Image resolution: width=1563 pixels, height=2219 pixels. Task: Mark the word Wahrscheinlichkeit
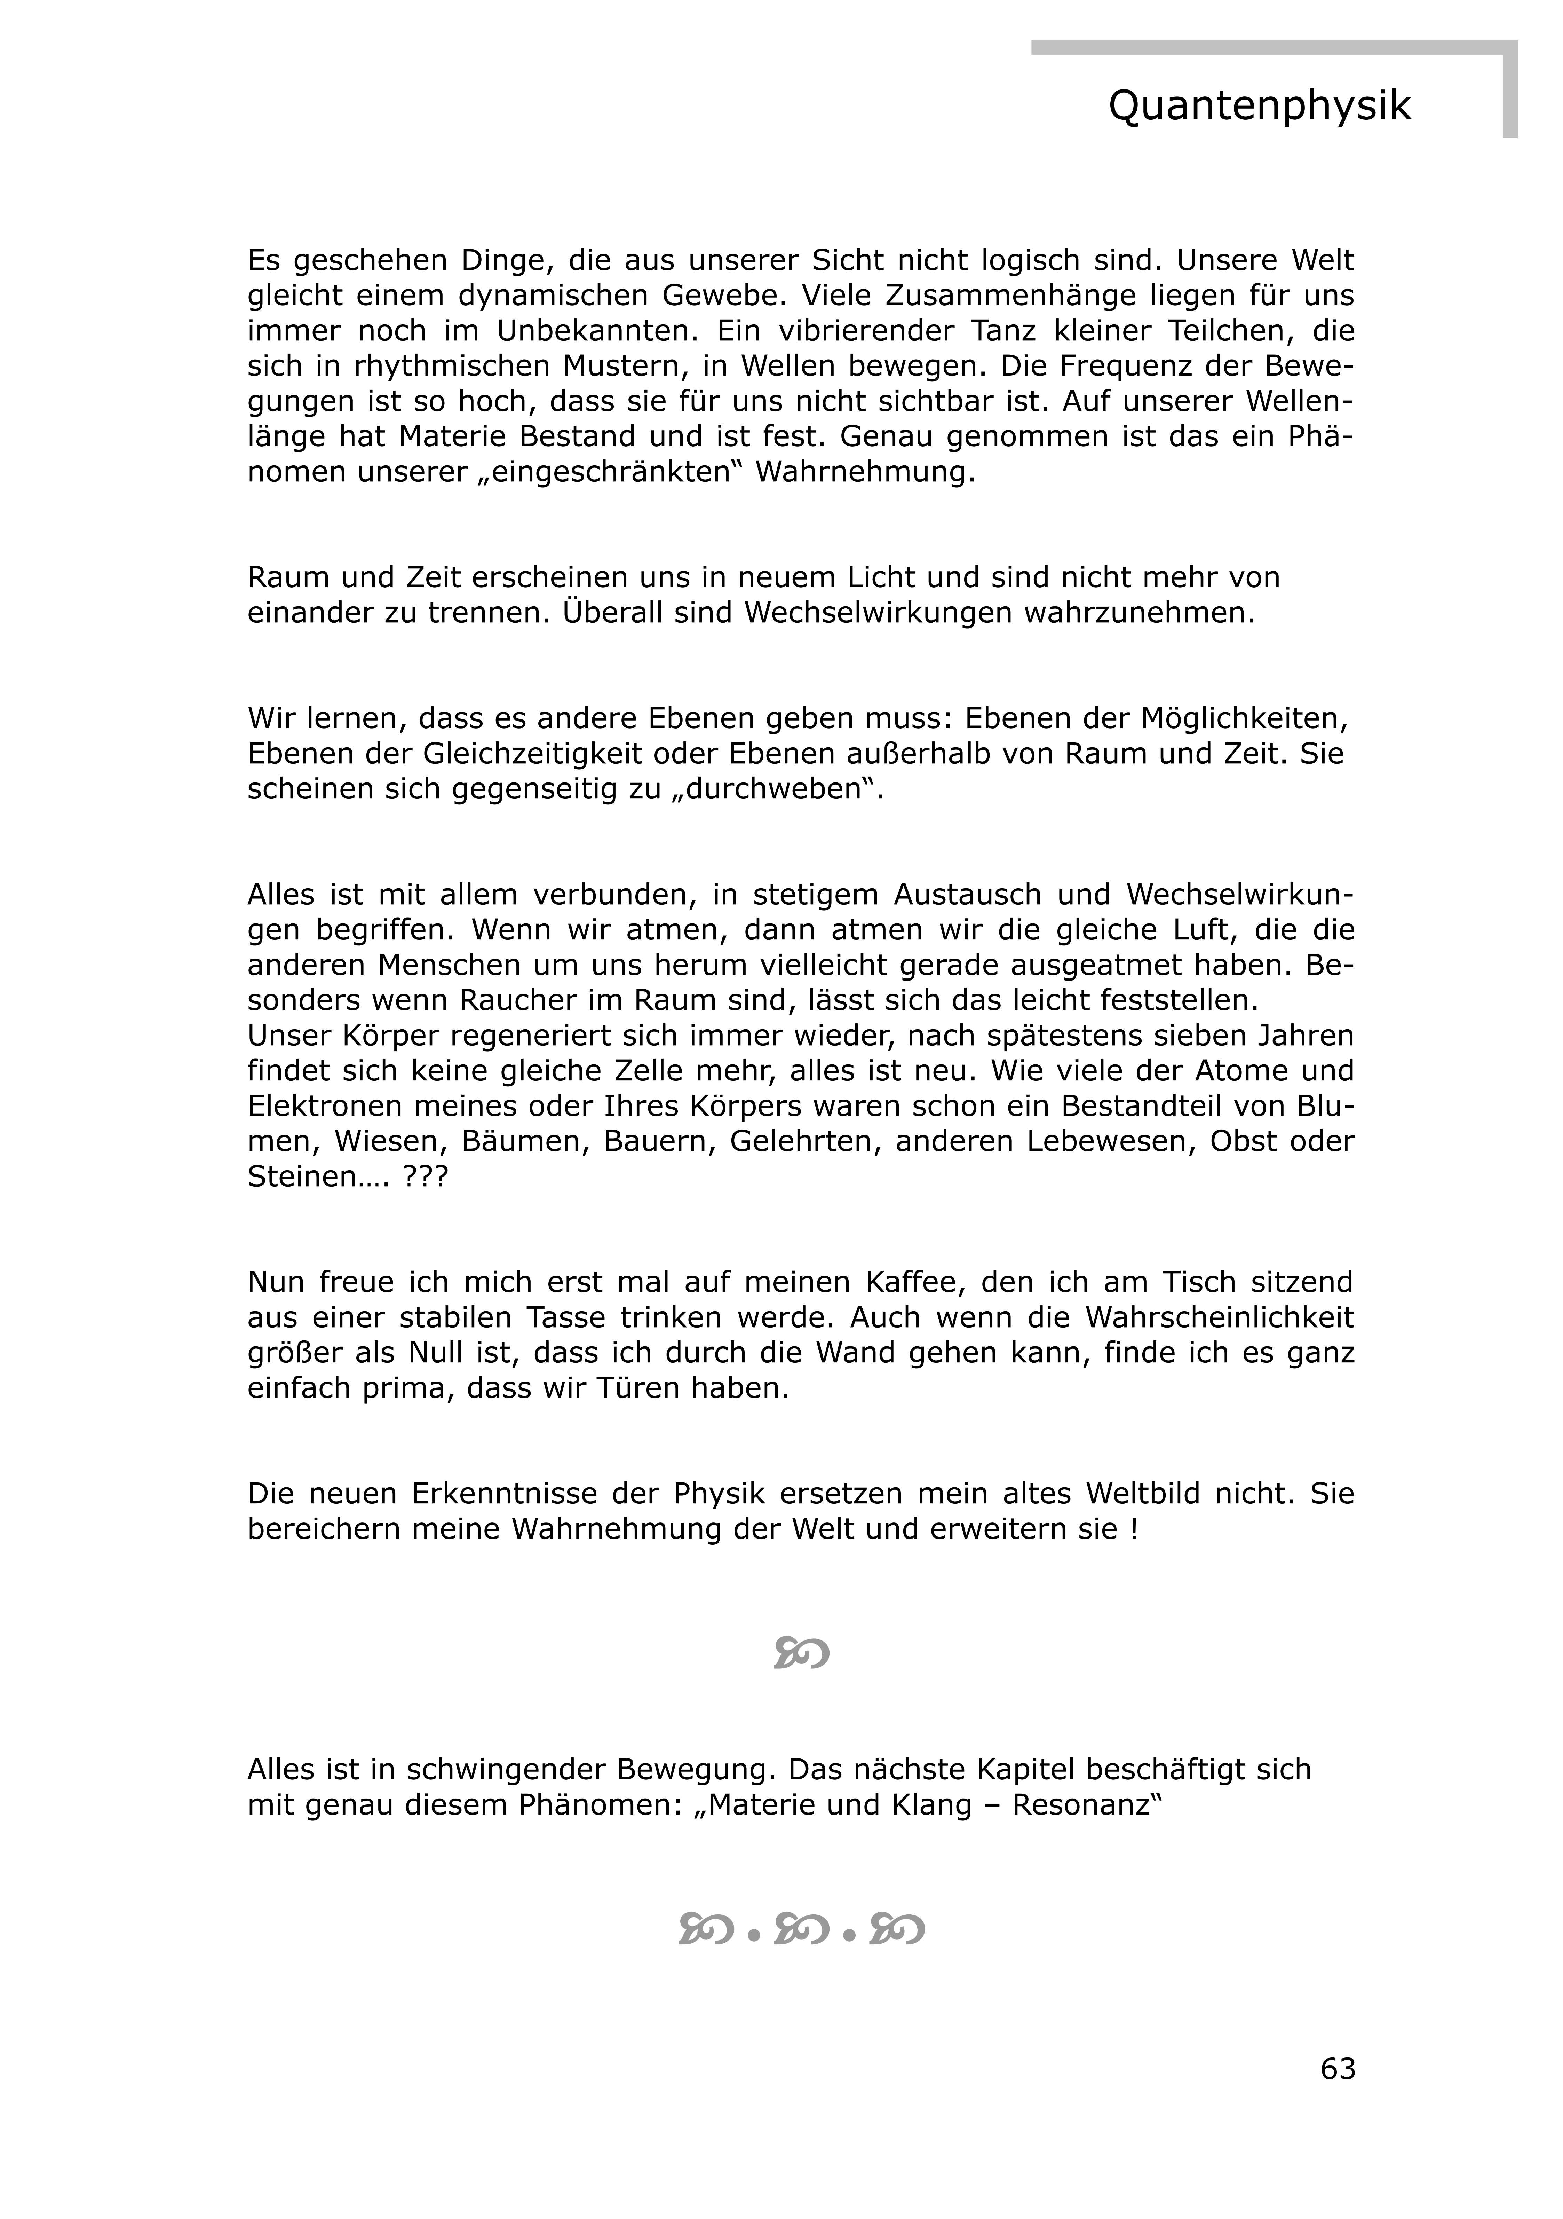pos(1219,1317)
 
